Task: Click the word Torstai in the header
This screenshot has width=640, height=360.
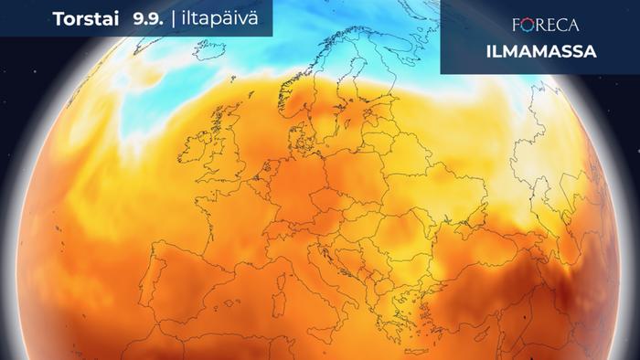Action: [84, 18]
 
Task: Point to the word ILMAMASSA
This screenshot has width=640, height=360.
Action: [539, 51]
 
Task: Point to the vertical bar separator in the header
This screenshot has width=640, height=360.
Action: [174, 18]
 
